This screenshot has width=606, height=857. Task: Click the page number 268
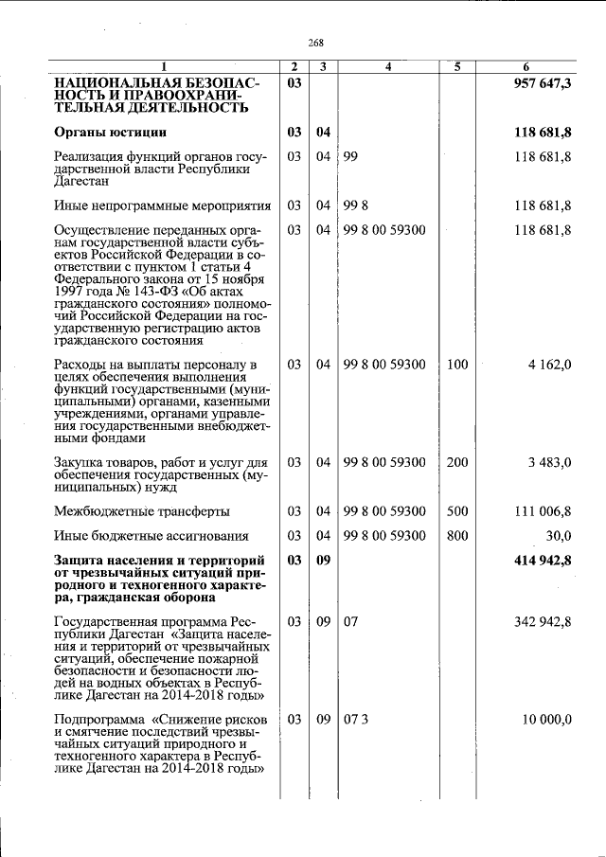316,43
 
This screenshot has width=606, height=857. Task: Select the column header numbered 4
388,67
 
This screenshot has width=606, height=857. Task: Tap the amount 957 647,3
543,85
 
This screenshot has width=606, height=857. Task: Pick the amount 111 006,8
543,511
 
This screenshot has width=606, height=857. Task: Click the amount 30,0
557,535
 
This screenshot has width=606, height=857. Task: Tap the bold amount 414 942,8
543,561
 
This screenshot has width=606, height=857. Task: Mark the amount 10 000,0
546,720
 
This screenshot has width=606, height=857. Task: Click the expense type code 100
457,365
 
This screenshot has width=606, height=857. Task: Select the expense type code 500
457,511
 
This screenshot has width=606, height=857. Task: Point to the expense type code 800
457,535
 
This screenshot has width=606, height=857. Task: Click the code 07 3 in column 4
356,720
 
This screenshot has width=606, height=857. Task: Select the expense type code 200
457,462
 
